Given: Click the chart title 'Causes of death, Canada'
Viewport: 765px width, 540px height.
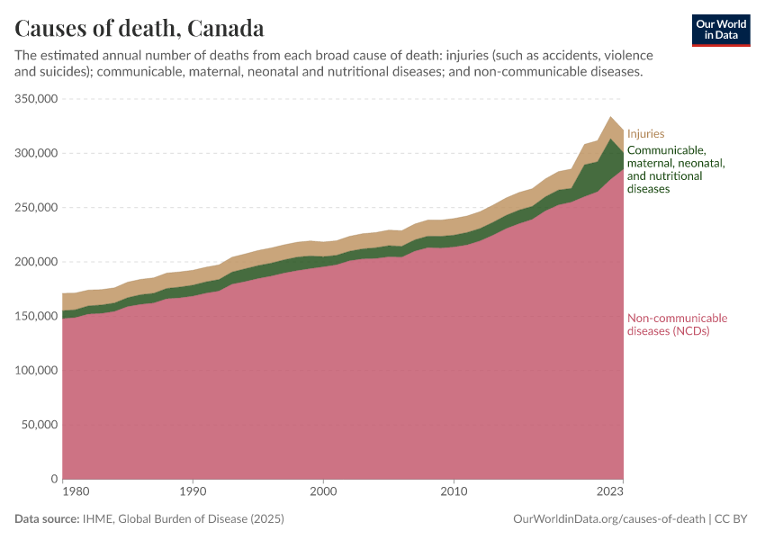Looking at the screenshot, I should (139, 28).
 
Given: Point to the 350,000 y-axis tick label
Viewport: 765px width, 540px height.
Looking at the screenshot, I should (37, 99).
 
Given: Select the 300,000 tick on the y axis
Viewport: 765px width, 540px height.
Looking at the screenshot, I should (37, 153).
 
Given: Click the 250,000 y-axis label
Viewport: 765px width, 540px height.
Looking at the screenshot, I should (37, 208).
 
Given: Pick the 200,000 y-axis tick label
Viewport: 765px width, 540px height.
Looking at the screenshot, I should (37, 262).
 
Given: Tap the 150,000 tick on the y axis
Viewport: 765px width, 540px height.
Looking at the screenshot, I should (37, 316).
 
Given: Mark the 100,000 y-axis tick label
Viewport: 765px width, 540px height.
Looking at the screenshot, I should (37, 371).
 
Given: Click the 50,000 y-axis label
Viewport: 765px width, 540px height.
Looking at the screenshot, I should (40, 425).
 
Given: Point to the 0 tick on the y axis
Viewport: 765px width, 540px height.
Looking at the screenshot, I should (55, 479).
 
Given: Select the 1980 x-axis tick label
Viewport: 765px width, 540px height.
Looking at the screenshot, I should (76, 492).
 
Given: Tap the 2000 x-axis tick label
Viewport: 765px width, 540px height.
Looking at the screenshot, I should (323, 492).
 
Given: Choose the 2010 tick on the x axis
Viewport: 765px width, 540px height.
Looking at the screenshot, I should (454, 492).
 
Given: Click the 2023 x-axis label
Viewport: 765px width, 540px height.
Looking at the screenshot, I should (610, 492).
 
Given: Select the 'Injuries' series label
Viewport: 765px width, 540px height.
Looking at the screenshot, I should (645, 134).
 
